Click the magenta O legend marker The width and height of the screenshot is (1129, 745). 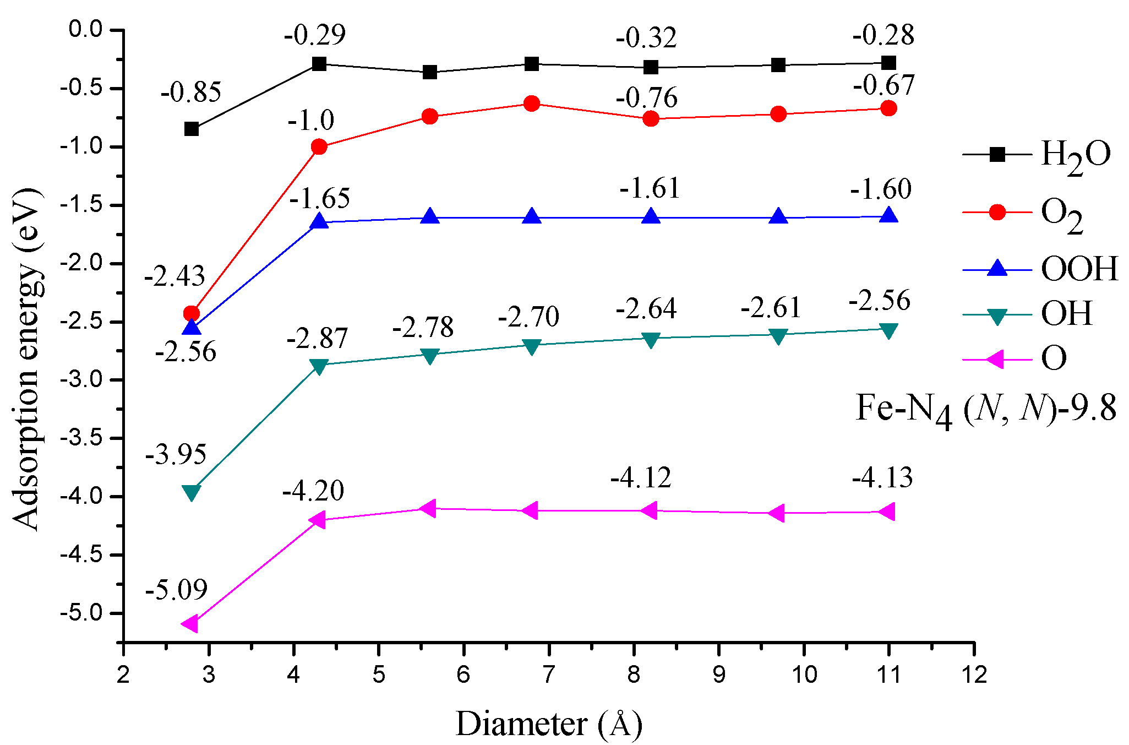click(x=997, y=360)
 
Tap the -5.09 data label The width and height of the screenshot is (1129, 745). click(x=176, y=590)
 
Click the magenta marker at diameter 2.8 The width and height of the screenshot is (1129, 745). click(x=190, y=624)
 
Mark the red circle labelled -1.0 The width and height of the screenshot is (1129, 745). click(x=319, y=146)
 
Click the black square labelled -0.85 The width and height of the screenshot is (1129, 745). click(x=192, y=129)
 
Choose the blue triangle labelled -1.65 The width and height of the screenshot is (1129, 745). click(x=319, y=221)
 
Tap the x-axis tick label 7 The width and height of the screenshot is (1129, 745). click(x=549, y=674)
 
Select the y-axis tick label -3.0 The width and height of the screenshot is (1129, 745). click(x=83, y=380)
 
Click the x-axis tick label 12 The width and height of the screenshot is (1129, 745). click(x=974, y=674)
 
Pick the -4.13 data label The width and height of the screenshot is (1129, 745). click(x=882, y=477)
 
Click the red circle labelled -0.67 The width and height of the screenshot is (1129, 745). click(x=888, y=108)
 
